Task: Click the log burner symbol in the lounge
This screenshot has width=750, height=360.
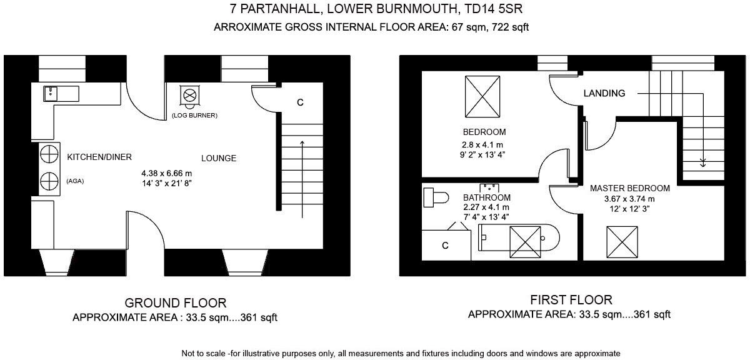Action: [x=190, y=96]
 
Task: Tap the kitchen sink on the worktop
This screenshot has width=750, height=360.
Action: [x=51, y=94]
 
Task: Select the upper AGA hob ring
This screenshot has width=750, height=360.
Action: [x=49, y=154]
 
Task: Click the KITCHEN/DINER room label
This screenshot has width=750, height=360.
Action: [x=99, y=157]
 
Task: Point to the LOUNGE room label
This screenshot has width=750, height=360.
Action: [x=219, y=158]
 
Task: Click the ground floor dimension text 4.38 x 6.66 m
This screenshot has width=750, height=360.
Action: [x=166, y=173]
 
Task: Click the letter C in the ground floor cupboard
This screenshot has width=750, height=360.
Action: [x=300, y=102]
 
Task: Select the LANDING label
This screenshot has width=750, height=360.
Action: [x=604, y=93]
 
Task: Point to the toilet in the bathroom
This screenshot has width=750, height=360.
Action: [x=435, y=198]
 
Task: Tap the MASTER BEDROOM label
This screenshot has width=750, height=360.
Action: [x=630, y=188]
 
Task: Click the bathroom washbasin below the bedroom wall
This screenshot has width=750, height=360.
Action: [x=489, y=187]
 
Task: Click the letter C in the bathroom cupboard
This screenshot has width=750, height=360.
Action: [x=445, y=246]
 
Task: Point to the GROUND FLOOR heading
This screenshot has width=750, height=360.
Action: [x=176, y=303]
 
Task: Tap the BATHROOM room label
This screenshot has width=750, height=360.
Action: [x=486, y=197]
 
